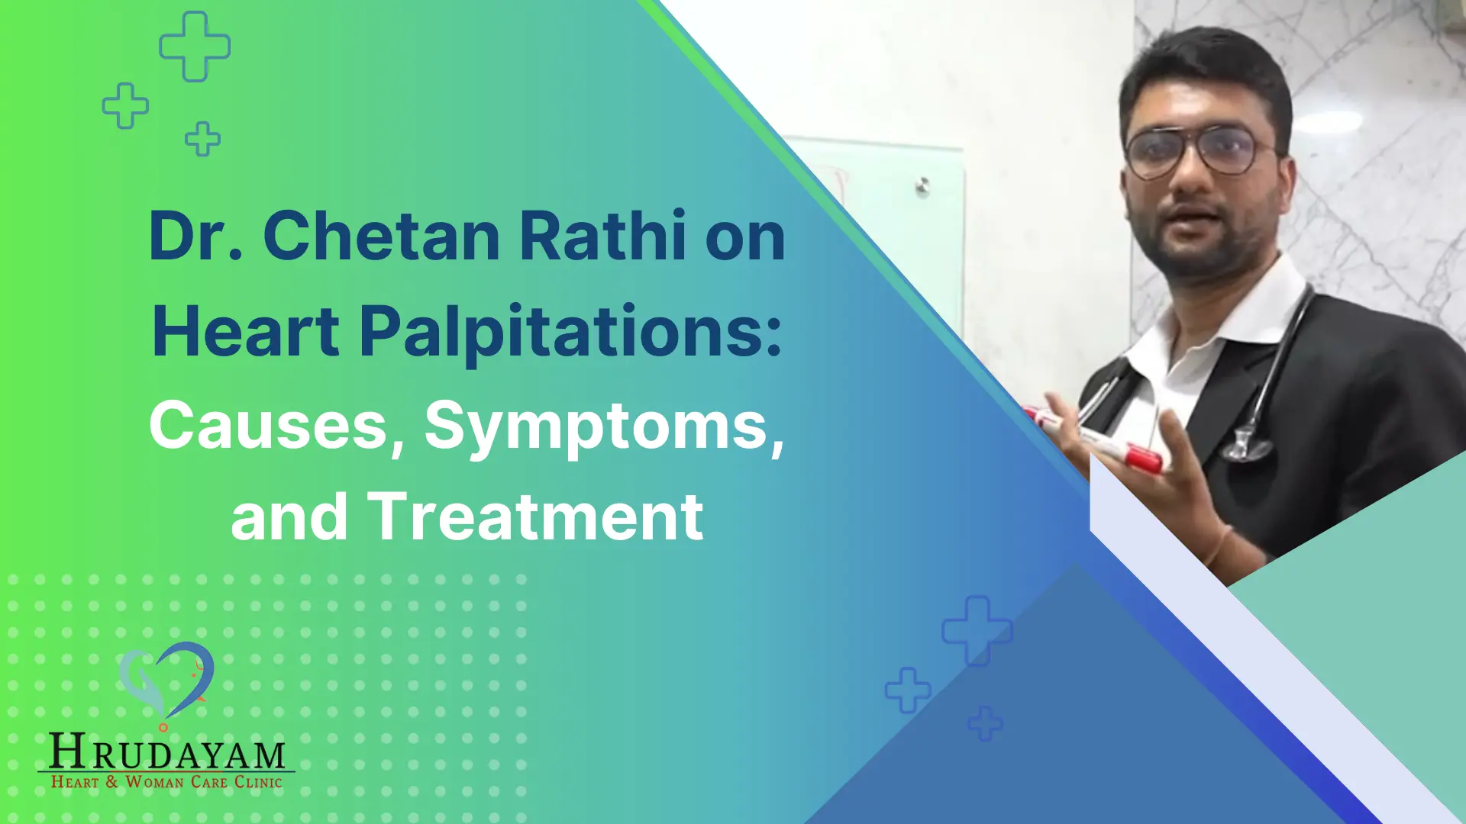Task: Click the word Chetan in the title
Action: coord(382,237)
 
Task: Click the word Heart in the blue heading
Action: coord(246,333)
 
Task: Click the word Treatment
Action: coord(535,517)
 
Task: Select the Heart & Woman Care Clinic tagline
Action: coord(166,782)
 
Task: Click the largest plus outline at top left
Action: coord(195,47)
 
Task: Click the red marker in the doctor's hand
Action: coord(1138,455)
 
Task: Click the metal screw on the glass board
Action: coord(923,185)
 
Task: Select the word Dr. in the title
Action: coord(195,237)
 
